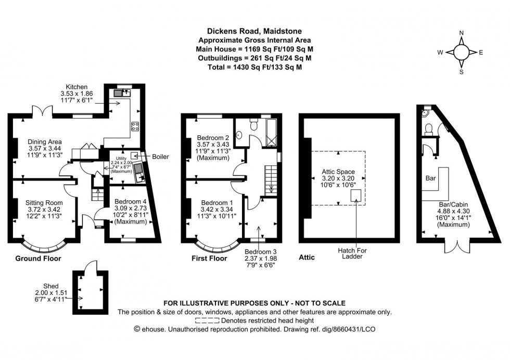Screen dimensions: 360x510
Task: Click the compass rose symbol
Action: pyautogui.click(x=461, y=52)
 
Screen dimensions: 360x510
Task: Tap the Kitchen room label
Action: pyautogui.click(x=76, y=86)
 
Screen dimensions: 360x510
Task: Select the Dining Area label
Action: pyautogui.click(x=45, y=142)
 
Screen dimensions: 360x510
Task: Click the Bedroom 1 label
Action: pyautogui.click(x=214, y=202)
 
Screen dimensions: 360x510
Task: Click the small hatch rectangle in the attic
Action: pyautogui.click(x=356, y=195)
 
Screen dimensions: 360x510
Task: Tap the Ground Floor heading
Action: pyautogui.click(x=37, y=258)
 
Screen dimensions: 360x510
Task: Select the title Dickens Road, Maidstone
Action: pyautogui.click(x=254, y=31)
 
